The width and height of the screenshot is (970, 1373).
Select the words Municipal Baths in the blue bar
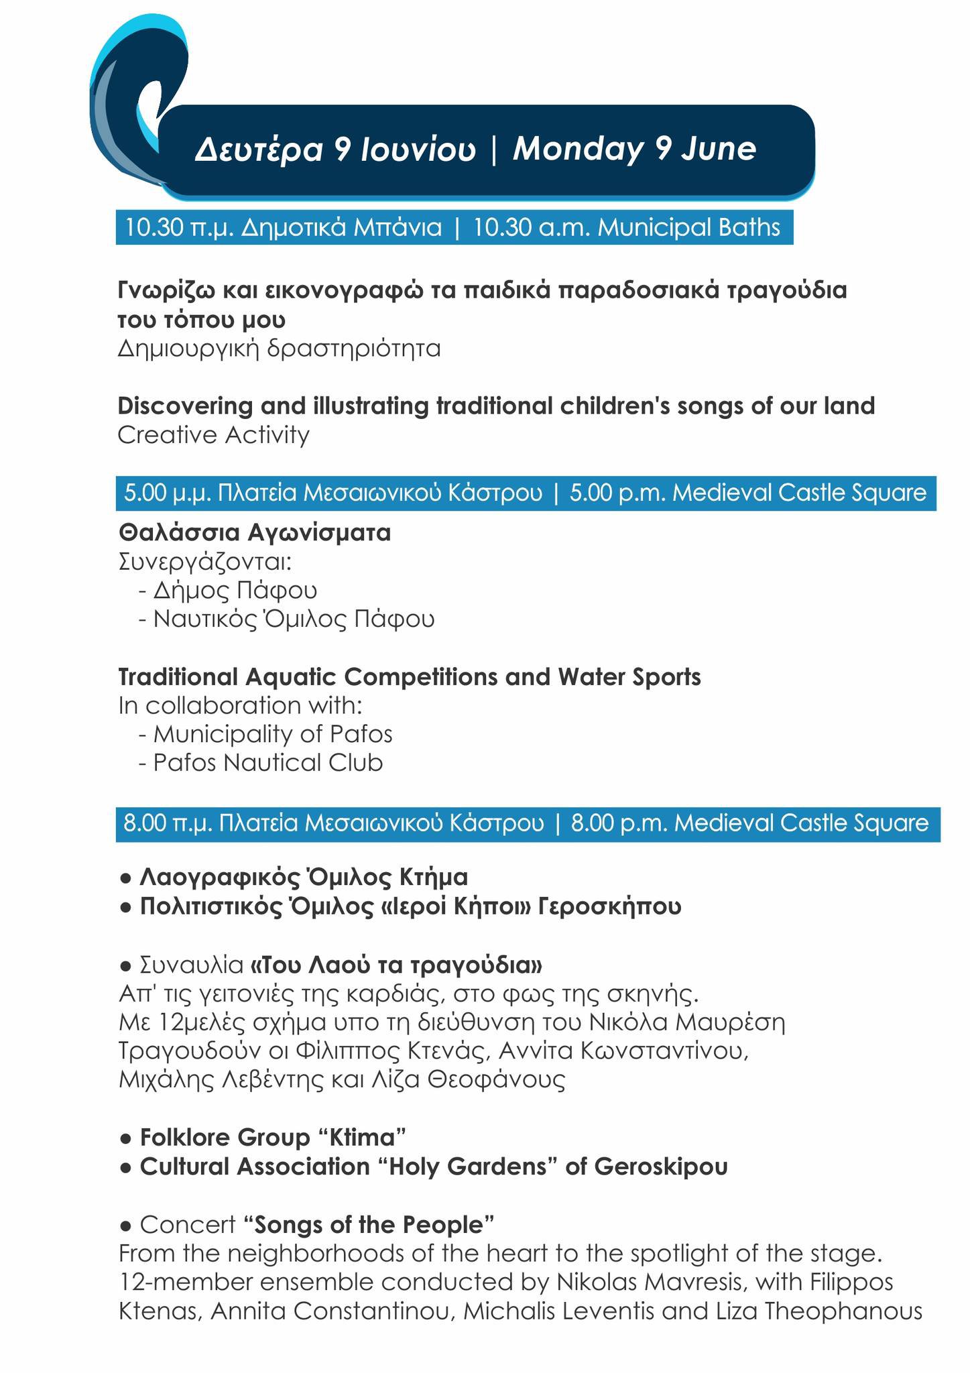[x=688, y=228]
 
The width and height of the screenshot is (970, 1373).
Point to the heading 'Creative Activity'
[x=213, y=435]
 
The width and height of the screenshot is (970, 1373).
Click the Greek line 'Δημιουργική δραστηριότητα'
[x=279, y=349]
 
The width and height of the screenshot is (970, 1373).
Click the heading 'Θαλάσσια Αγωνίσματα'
[x=255, y=533]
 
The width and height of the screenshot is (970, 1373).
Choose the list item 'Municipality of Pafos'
[x=272, y=734]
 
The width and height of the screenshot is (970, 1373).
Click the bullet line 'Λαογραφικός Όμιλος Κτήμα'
[x=303, y=877]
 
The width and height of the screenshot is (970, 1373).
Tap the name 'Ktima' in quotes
[x=361, y=1138]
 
